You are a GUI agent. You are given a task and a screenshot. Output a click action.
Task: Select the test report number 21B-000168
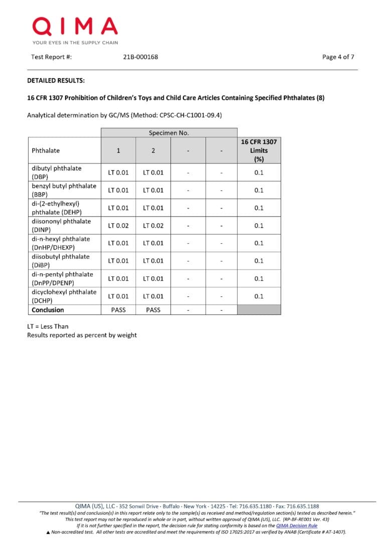140,57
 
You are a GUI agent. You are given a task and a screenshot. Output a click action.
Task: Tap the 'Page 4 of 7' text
338,57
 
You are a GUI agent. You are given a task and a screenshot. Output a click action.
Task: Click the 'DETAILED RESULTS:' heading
56,80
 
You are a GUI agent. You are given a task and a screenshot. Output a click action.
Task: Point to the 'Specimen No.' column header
168,133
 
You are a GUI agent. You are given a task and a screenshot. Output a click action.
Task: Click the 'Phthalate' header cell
46,150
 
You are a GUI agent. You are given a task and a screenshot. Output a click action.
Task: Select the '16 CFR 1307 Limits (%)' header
259,150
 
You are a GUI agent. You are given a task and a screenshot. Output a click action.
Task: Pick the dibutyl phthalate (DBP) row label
56,172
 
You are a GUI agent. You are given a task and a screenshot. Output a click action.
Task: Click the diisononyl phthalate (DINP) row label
61,225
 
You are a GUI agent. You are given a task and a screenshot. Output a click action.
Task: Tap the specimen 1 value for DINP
118,226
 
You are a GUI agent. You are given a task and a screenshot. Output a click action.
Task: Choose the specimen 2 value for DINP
153,226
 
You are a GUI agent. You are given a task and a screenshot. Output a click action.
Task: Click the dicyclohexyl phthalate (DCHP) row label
64,296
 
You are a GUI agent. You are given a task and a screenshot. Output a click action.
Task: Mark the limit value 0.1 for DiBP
259,261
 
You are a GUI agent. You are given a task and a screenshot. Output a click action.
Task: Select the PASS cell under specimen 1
118,310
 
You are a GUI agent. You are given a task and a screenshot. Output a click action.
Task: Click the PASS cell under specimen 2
153,310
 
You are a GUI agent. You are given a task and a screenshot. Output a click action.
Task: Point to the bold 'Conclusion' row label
48,310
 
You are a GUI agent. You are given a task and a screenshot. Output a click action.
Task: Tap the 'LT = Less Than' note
48,326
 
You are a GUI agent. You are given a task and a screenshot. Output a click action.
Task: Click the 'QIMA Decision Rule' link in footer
296,525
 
